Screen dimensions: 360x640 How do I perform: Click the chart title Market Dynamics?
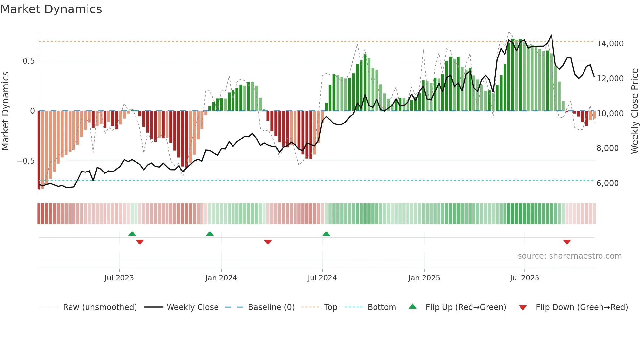[x=51, y=9]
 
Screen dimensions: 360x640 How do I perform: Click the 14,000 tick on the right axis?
[x=610, y=44]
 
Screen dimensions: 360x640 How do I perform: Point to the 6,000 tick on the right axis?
[x=607, y=183]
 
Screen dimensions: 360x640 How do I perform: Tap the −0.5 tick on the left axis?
[x=25, y=161]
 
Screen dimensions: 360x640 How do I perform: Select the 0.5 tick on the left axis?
[x=28, y=61]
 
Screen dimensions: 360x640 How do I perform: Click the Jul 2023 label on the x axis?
[x=119, y=278]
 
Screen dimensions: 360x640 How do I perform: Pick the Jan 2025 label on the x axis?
[x=424, y=278]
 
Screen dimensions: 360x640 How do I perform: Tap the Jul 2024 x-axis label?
[x=322, y=278]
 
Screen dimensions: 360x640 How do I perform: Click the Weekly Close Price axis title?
[x=634, y=111]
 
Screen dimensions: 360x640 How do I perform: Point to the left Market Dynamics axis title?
[x=5, y=111]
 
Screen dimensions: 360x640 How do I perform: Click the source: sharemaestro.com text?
[x=569, y=256]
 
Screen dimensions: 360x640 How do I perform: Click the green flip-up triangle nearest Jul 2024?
[x=326, y=234]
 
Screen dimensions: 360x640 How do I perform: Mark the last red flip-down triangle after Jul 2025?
[x=567, y=242]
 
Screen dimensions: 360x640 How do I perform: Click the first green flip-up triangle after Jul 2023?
[x=132, y=234]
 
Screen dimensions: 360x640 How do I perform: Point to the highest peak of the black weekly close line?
[x=551, y=35]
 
